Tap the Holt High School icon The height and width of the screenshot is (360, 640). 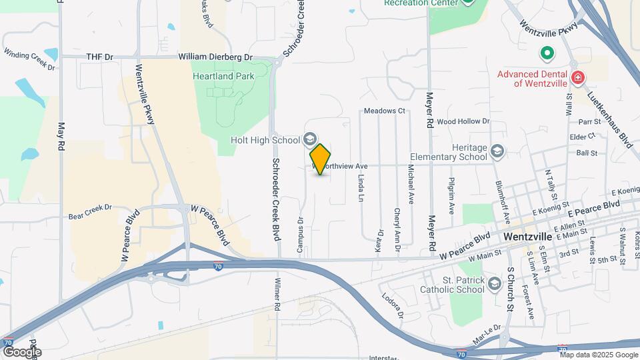tap(309, 139)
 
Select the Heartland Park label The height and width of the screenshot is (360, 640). tap(223, 77)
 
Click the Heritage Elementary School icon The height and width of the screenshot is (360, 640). tap(496, 151)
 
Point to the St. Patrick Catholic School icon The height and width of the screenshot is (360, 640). tap(494, 285)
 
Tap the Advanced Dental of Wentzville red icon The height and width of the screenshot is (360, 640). tap(577, 77)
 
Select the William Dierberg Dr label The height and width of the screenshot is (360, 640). tap(215, 58)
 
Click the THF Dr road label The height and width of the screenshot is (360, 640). tap(100, 58)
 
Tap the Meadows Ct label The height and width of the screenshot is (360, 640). tap(385, 111)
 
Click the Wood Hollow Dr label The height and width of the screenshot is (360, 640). tap(463, 122)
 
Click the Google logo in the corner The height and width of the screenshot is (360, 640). tap(21, 351)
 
